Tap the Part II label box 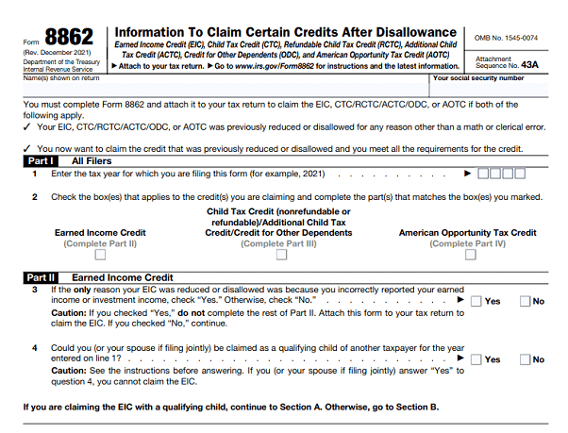[40, 277]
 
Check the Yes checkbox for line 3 [477, 301]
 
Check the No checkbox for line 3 [526, 301]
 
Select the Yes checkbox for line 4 [477, 359]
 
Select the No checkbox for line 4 [526, 359]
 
